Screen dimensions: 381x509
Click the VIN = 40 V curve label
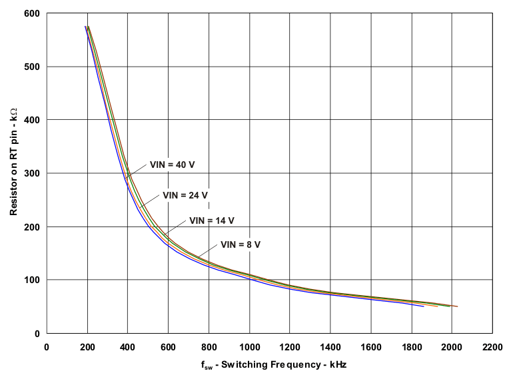tap(172, 164)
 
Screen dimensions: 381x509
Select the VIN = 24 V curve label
tap(185, 195)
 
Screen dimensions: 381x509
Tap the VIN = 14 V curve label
tap(212, 220)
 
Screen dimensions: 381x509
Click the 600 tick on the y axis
tap(32, 13)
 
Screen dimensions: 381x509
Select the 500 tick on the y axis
tap(32, 67)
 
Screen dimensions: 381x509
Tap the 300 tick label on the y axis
tap(32, 173)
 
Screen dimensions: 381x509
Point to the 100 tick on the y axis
tap(32, 280)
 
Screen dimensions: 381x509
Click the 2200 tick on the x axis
tap(492, 346)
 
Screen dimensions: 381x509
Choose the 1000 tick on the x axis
tap(249, 346)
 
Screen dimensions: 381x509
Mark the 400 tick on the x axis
tap(127, 346)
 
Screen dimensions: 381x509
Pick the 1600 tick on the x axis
tap(371, 346)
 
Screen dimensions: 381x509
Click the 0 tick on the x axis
tap(46, 346)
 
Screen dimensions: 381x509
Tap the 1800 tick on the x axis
tap(412, 346)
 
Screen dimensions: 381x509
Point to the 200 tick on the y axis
tap(32, 226)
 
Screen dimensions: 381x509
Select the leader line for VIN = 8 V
tap(208, 252)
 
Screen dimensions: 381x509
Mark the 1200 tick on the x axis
tap(290, 346)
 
